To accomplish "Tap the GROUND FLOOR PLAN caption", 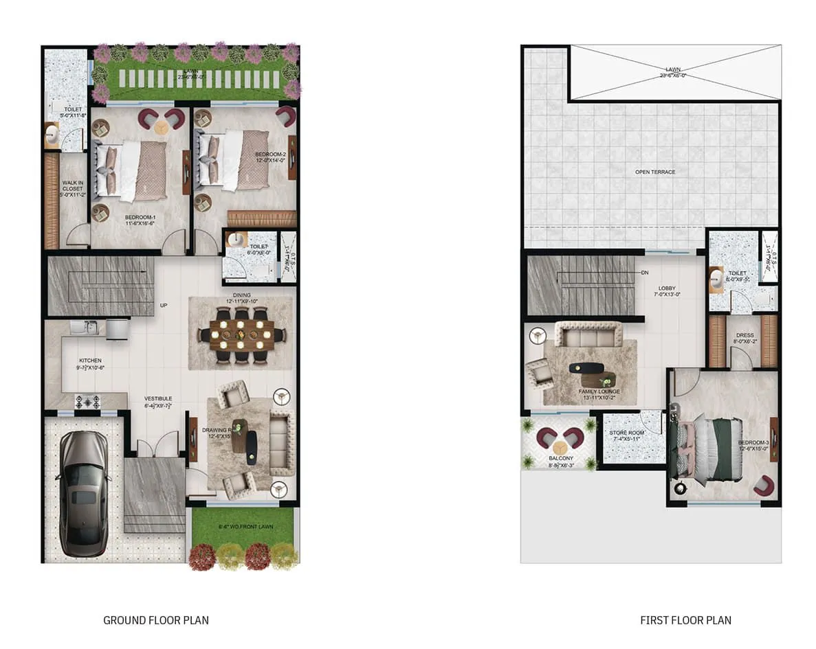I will point(156,620).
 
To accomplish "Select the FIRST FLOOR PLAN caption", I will point(685,620).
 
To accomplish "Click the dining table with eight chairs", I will point(241,334).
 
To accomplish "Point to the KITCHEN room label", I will point(90,361).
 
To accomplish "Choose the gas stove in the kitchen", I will point(87,401).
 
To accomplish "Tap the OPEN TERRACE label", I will point(655,172).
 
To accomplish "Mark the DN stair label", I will point(645,273).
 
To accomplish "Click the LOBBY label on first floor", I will point(668,289).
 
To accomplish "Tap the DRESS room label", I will point(745,337).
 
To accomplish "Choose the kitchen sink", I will point(90,328).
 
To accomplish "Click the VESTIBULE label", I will point(158,398).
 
